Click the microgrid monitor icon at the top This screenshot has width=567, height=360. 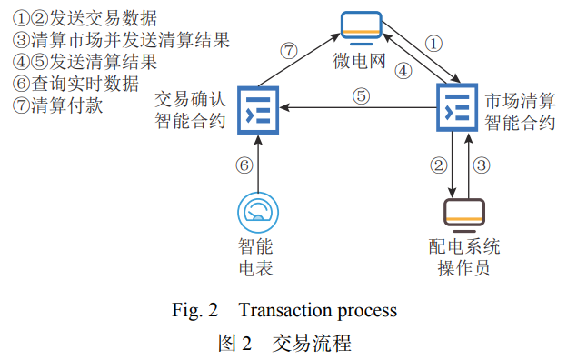pos(361,26)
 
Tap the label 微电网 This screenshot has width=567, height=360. pos(361,63)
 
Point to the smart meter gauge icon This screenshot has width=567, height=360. pos(258,211)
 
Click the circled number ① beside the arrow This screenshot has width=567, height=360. pos(434,44)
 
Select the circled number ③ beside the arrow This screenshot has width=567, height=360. pos(482,165)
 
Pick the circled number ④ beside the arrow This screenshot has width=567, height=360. pos(402,69)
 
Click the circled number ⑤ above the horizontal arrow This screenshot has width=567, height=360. pos(361,95)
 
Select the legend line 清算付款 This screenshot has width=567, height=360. pos(60,105)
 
